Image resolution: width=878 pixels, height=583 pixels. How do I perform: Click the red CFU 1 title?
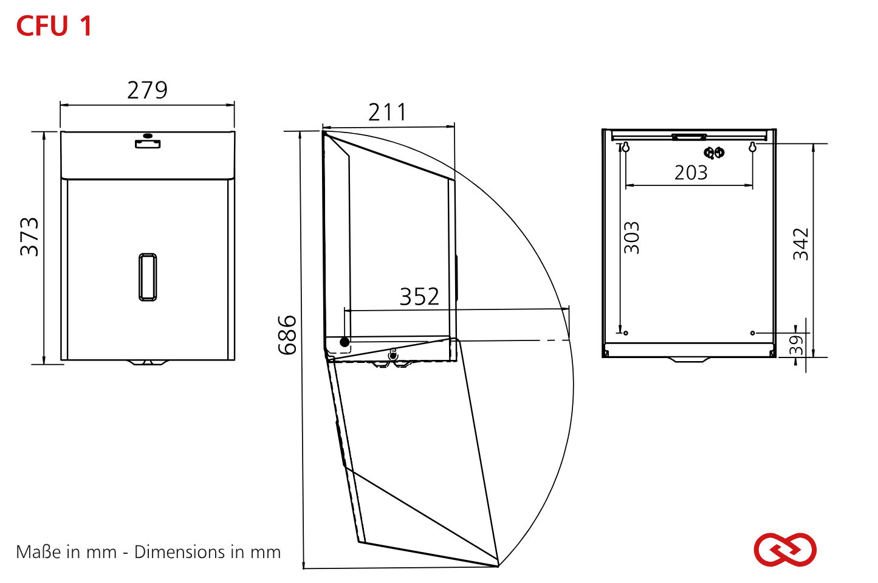[x=54, y=26]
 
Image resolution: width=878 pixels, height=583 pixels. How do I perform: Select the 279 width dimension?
[x=148, y=90]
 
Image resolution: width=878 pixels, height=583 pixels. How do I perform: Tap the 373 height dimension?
[x=29, y=237]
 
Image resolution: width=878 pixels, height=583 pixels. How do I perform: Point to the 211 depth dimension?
[x=388, y=112]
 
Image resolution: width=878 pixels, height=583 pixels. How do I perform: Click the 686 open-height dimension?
[x=287, y=335]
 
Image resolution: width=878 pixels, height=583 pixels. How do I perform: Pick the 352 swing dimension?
[x=419, y=297]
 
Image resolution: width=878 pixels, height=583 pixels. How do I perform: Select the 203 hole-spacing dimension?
[x=691, y=173]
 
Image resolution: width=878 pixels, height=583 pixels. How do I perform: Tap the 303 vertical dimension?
[x=631, y=238]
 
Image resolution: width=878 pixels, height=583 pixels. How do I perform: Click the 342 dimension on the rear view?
[x=800, y=244]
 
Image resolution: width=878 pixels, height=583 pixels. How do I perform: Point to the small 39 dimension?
[x=796, y=345]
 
